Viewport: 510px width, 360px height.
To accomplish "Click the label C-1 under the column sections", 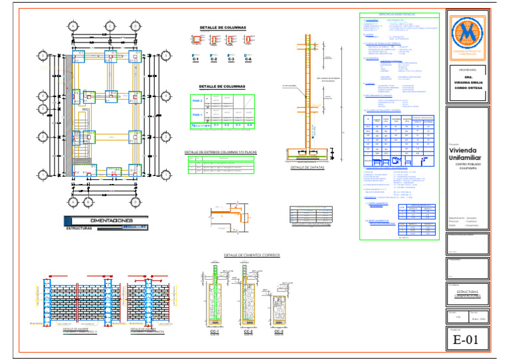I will coord(196,60).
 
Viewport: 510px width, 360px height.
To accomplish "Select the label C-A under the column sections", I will coord(248,60).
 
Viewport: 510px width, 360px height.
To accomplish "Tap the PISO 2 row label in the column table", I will coord(197,101).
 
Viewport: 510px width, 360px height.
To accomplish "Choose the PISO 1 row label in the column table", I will coord(197,114).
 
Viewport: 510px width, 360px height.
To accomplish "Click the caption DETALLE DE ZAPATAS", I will coord(307,168).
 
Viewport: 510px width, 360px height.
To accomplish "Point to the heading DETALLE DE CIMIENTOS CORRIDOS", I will coord(252,255).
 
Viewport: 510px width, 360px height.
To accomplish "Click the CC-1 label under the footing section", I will coord(214,331).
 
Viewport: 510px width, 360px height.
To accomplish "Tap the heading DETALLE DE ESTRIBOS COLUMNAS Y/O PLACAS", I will coord(220,152).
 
